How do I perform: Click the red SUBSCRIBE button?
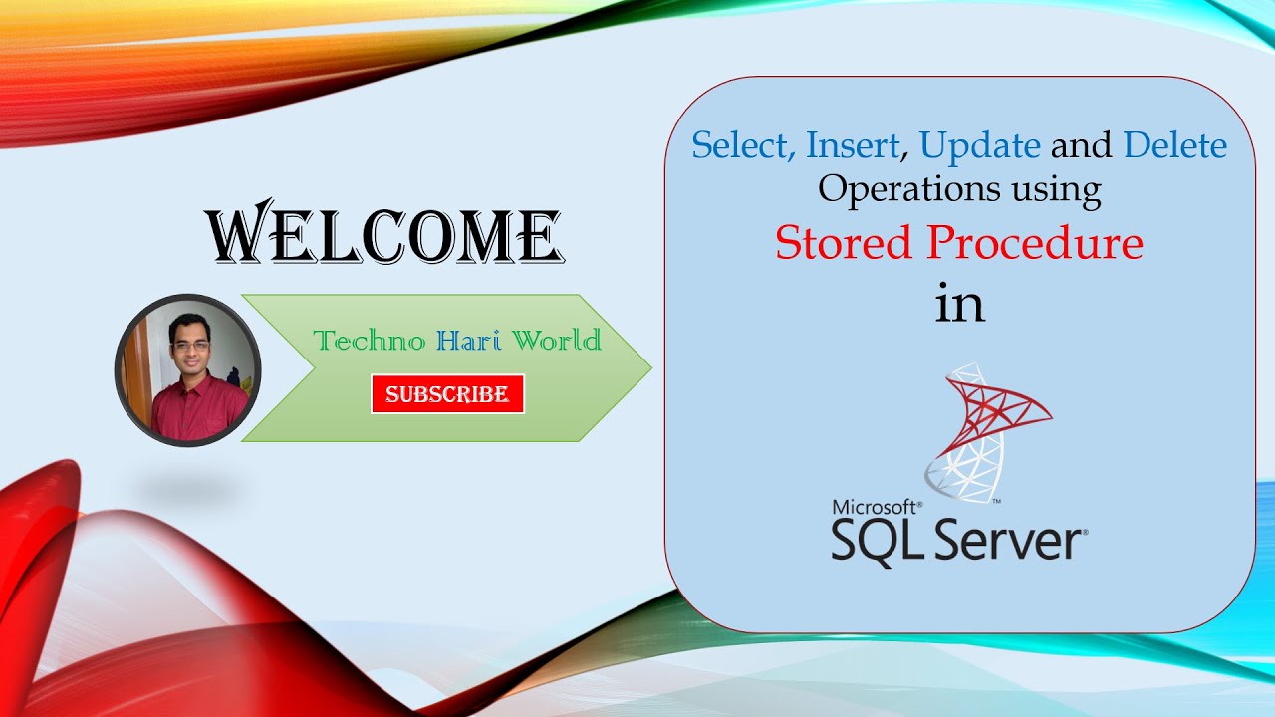click(447, 393)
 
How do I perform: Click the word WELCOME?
click(384, 232)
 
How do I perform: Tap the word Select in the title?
click(743, 145)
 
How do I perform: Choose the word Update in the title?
click(980, 146)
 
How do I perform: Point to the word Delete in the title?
click(1174, 145)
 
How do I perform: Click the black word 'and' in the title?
click(1082, 145)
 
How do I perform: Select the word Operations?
click(909, 190)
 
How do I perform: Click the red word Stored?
click(844, 242)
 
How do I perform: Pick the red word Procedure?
click(1035, 242)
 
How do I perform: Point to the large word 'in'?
click(959, 302)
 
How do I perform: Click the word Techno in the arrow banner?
click(369, 341)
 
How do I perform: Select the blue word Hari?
click(469, 341)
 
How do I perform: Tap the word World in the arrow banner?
click(557, 341)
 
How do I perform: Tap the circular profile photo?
click(188, 369)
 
